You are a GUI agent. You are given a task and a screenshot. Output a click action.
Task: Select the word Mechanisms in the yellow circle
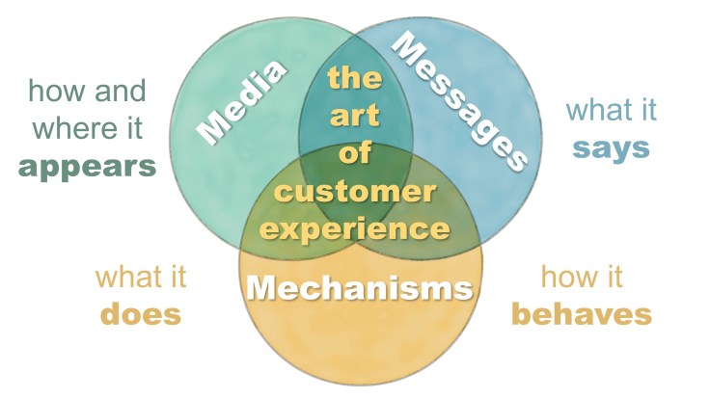point(360,287)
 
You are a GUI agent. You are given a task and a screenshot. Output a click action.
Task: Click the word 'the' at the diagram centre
point(354,76)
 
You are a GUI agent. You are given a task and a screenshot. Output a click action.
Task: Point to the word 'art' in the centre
point(354,117)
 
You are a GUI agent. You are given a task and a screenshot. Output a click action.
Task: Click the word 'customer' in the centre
point(353,191)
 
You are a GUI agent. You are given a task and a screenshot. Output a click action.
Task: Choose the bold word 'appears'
point(88,165)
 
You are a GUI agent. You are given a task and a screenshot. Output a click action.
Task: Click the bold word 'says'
point(611,148)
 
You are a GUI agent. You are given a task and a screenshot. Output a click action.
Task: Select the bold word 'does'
point(140,314)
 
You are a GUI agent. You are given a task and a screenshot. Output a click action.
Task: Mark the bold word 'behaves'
point(582,314)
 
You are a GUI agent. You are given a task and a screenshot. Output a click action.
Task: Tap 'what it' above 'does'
point(141,277)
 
